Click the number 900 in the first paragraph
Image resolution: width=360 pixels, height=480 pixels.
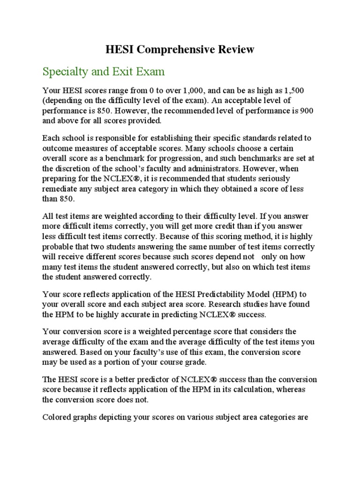tap(306, 110)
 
